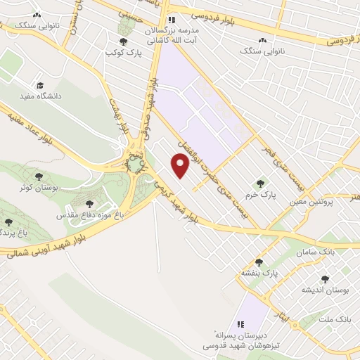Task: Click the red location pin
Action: (181, 165)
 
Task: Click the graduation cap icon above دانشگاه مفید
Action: (40, 84)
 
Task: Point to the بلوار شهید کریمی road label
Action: (173, 199)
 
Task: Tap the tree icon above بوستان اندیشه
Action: (324, 279)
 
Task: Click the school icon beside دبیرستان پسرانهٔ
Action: (240, 325)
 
